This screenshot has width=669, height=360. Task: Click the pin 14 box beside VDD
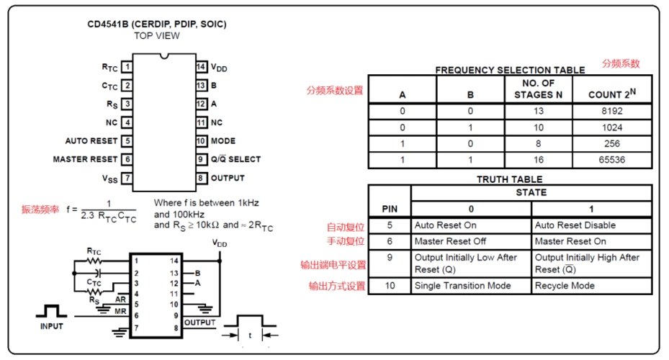[x=202, y=67]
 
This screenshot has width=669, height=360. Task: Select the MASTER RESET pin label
[x=85, y=159]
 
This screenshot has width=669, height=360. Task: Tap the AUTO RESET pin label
[x=91, y=141]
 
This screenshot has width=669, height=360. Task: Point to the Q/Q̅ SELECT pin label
[x=235, y=159]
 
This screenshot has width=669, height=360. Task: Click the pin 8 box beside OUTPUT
[x=202, y=178]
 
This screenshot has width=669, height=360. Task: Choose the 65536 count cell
[x=611, y=159]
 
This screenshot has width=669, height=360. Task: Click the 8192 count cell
[x=611, y=112]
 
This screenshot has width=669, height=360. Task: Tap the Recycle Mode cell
[x=565, y=286]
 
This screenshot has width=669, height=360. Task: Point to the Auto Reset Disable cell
[x=575, y=225]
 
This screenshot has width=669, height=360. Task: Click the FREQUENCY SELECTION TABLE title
[x=509, y=71]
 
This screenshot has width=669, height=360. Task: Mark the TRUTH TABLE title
[x=509, y=179]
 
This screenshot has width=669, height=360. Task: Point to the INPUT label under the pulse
[x=51, y=326]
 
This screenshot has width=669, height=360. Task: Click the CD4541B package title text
[x=157, y=24]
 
